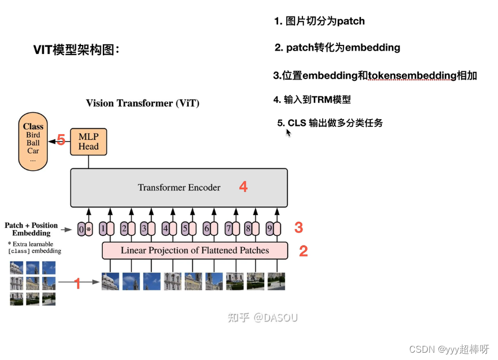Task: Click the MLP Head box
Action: pos(88,142)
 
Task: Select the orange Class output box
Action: pos(33,141)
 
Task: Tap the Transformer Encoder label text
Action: pos(179,188)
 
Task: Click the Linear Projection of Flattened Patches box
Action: pos(194,250)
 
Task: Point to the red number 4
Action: pos(243,187)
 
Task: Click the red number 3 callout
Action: pos(298,227)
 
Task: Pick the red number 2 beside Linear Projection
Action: pos(303,251)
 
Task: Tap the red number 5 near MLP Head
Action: pos(61,140)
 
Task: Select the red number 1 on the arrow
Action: pos(78,284)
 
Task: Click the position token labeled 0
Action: pos(82,229)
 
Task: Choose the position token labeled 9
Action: pos(269,229)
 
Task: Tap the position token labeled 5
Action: pos(185,229)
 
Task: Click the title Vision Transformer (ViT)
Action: pos(142,103)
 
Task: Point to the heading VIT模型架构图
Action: pos(76,50)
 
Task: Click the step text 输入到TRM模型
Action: pos(318,99)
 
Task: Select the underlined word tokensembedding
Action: pos(411,75)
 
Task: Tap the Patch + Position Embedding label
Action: pos(31,229)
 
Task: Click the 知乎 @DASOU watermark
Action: pos(262,317)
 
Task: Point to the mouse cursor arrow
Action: pos(288,133)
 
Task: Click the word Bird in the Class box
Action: pos(33,135)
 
